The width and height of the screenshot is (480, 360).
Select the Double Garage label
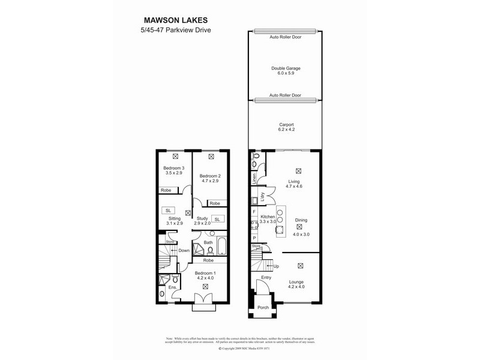(285, 68)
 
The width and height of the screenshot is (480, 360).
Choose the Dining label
(301, 220)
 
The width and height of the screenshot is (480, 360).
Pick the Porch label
(263, 308)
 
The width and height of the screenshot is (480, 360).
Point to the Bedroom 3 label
(175, 169)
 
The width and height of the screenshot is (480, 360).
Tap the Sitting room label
(175, 220)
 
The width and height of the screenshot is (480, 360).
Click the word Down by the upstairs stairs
(184, 251)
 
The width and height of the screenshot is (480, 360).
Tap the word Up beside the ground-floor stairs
(276, 266)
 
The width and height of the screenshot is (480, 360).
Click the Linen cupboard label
(254, 178)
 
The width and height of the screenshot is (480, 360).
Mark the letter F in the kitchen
(254, 212)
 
